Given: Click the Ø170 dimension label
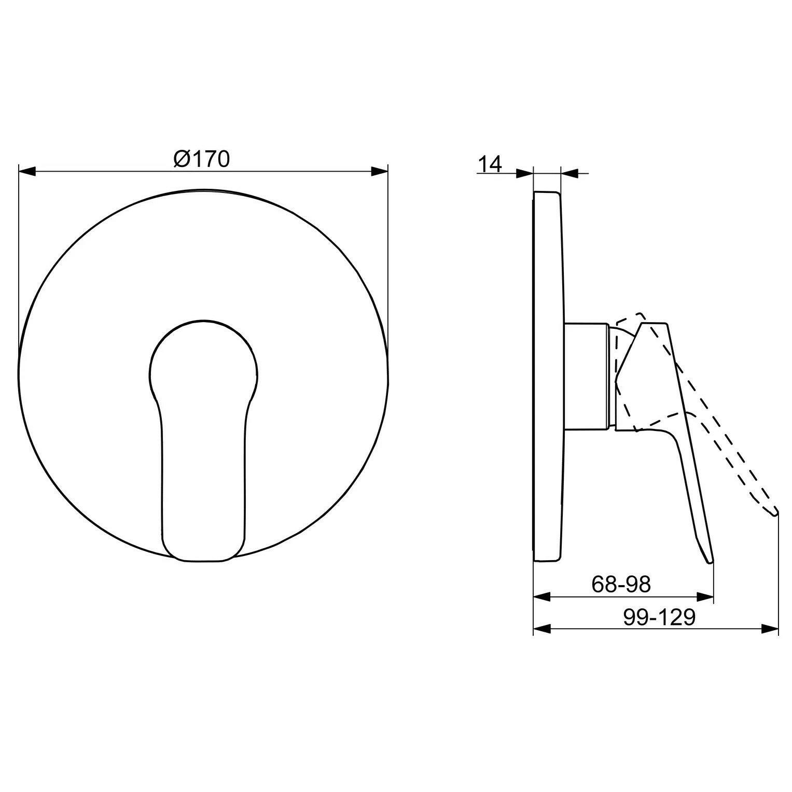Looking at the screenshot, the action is pyautogui.click(x=201, y=159).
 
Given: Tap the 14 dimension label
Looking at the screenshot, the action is pyautogui.click(x=490, y=164).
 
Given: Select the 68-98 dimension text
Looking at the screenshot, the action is pyautogui.click(x=621, y=585).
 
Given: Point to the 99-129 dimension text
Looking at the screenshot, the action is pyautogui.click(x=659, y=617).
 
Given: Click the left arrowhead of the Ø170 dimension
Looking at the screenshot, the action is pyautogui.click(x=27, y=172).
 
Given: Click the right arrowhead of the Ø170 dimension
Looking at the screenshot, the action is pyautogui.click(x=379, y=172).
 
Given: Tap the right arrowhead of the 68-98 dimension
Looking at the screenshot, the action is pyautogui.click(x=705, y=596).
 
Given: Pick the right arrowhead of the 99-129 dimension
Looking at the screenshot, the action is pyautogui.click(x=770, y=629).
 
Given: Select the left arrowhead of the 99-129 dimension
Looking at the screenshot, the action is pyautogui.click(x=542, y=629).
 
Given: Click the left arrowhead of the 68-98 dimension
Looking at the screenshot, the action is pyautogui.click(x=542, y=596).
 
